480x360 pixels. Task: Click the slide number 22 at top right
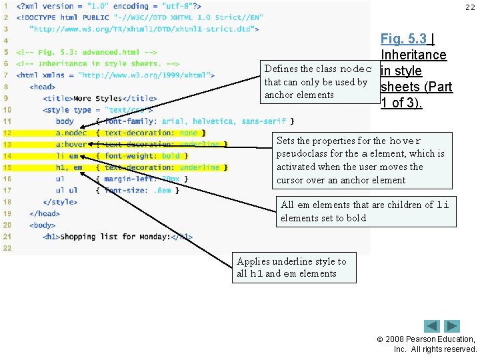point(470,7)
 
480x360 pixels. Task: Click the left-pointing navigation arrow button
point(433,326)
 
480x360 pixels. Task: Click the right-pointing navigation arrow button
point(453,326)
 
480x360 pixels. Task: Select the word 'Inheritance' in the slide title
point(413,55)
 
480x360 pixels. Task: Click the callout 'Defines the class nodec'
point(318,82)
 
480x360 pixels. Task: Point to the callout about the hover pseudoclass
point(360,160)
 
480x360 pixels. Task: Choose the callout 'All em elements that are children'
point(365,211)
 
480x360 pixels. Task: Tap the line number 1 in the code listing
point(6,6)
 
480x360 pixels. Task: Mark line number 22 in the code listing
point(7,247)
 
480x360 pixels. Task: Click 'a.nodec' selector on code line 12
point(71,133)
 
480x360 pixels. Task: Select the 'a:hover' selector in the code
point(71,144)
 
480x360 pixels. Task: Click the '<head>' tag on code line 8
point(43,87)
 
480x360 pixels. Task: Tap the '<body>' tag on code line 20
point(43,225)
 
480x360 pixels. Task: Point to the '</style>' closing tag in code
point(60,201)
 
